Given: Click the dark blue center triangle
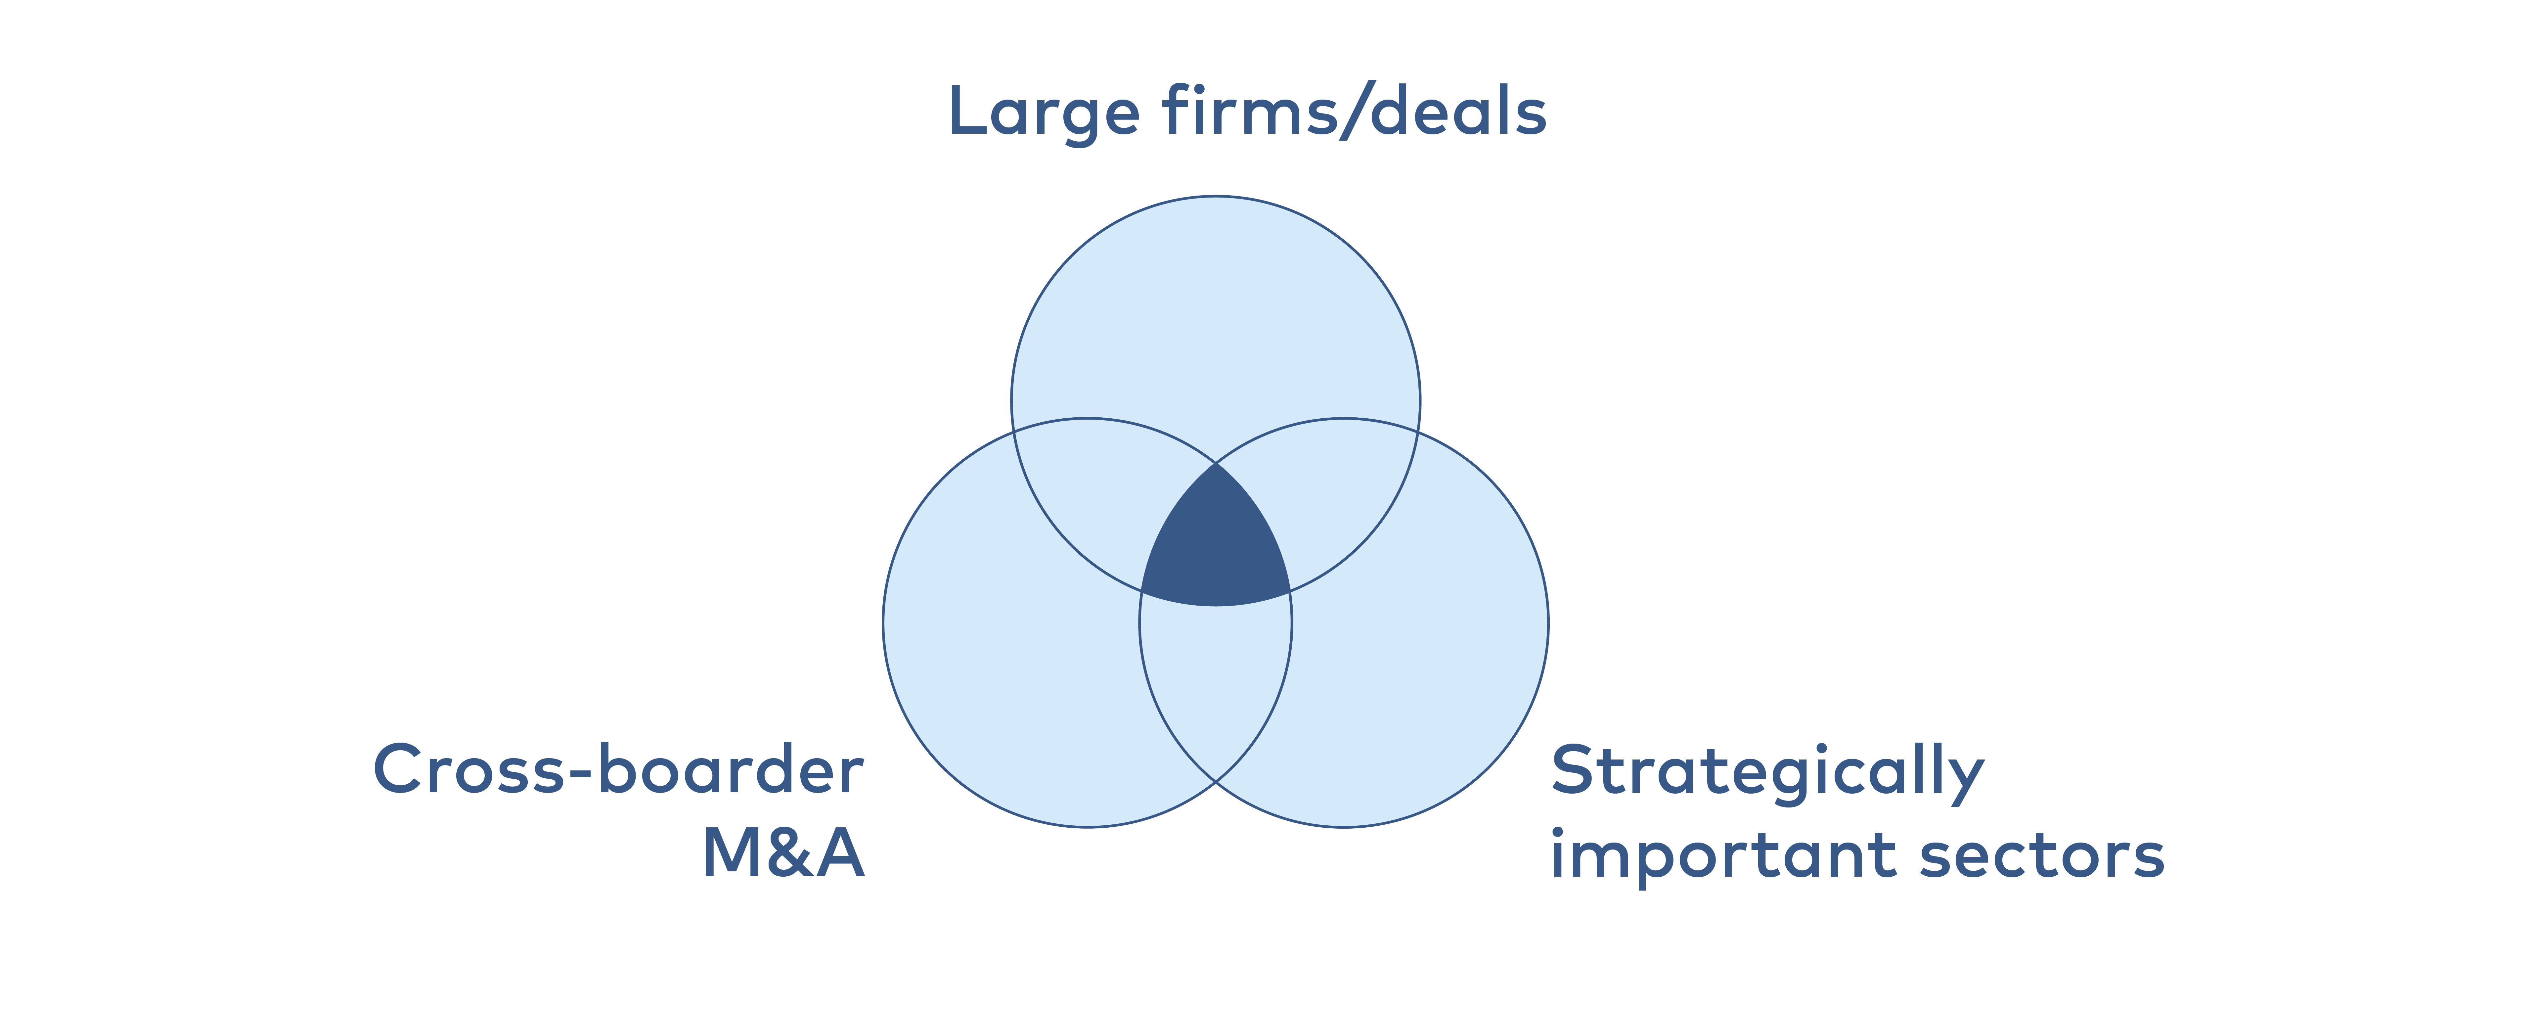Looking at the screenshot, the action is tap(1215, 547).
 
